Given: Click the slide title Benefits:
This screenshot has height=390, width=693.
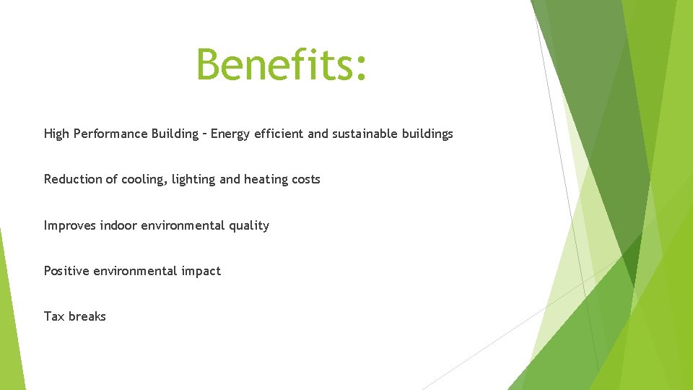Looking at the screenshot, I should pos(282,65).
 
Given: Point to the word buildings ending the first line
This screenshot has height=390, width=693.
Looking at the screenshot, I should pos(429,134).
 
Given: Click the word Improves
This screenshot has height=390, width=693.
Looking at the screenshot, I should pos(70,226).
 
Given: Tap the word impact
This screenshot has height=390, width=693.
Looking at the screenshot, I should pos(201,272).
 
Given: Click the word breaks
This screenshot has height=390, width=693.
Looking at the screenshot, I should pos(87,317).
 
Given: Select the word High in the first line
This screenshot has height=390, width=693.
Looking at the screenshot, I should pos(56,134).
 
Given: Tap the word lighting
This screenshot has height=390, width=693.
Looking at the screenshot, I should pos(193,180).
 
